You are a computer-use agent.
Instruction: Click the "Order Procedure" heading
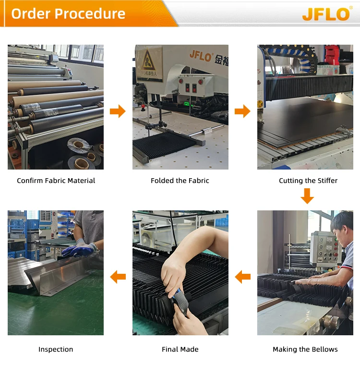pos(68,13)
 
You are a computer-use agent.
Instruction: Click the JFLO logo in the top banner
pos(326,14)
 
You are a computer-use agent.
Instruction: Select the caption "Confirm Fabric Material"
pos(56,181)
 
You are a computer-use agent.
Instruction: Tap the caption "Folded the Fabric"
pos(180,181)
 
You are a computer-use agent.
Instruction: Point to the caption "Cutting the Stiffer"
pos(308,181)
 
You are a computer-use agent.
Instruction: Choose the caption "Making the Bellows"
pos(305,349)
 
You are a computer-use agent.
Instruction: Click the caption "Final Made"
pos(180,349)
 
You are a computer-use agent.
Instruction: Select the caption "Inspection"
pos(56,349)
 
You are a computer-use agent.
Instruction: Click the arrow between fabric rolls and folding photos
pos(118,111)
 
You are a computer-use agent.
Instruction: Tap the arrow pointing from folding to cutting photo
pos(242,111)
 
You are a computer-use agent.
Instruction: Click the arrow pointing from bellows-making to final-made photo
pos(243,277)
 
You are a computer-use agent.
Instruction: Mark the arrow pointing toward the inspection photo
pos(118,277)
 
